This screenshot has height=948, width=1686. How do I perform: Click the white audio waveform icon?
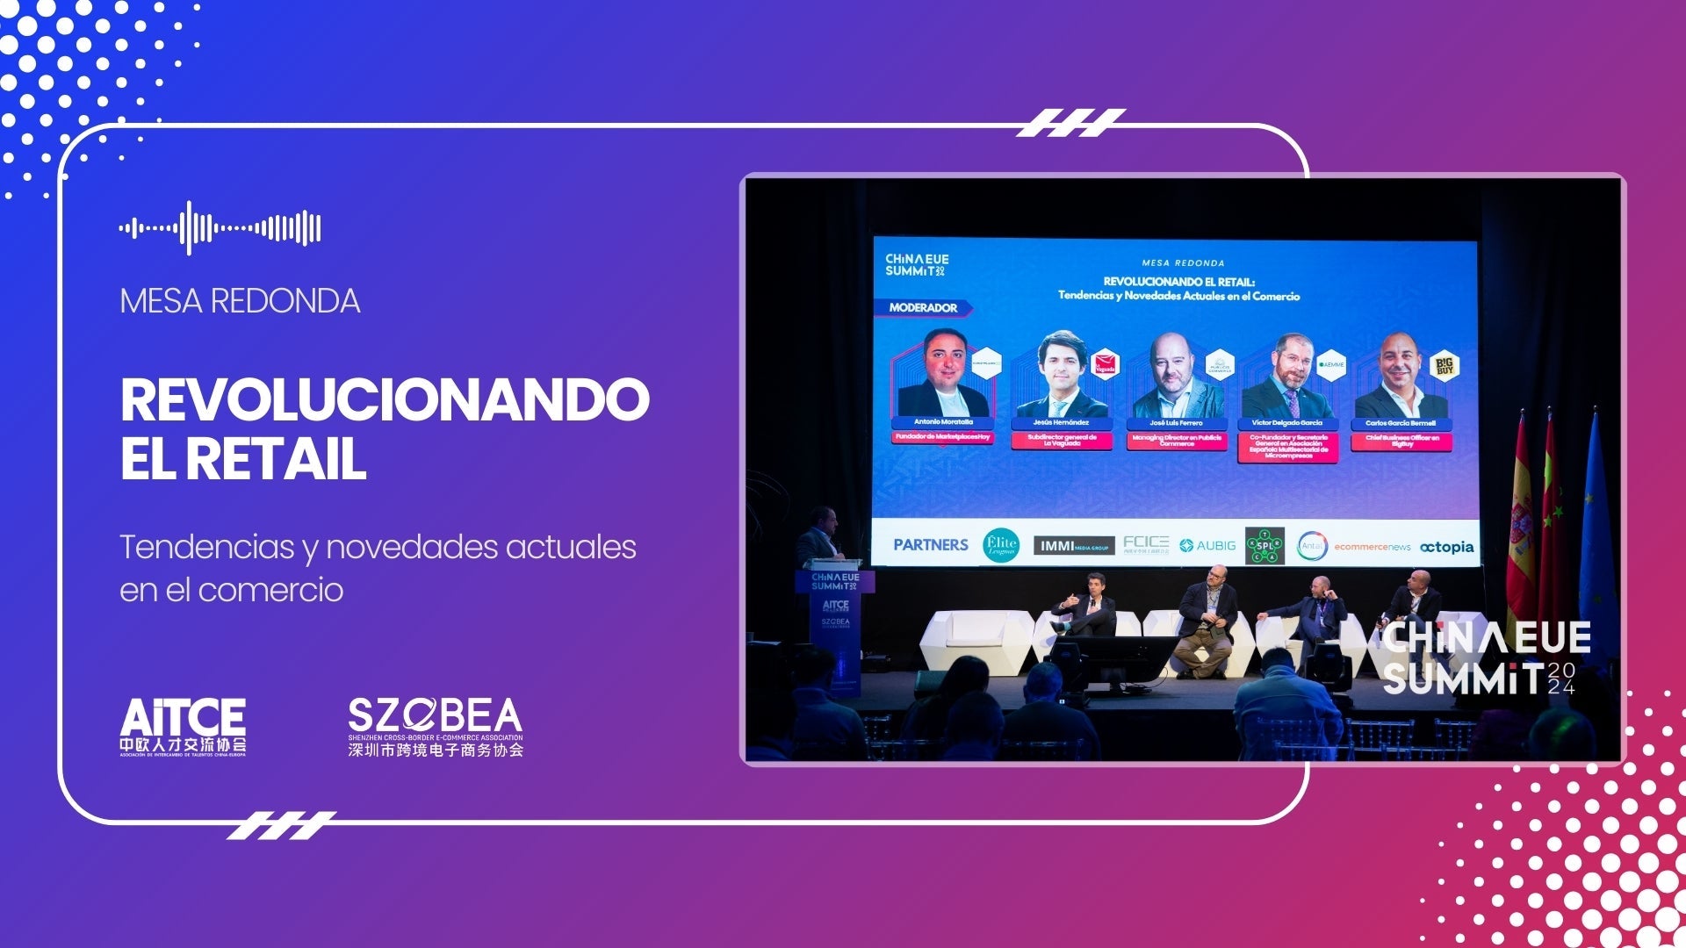click(220, 228)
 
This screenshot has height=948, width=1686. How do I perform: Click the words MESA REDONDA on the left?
click(240, 301)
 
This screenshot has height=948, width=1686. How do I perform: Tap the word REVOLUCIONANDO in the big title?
click(385, 400)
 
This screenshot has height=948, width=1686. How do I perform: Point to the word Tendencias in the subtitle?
click(207, 547)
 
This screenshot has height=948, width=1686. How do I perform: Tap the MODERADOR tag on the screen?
click(922, 308)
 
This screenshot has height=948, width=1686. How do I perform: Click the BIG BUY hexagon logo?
click(1444, 366)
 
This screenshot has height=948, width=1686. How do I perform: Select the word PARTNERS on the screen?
click(930, 545)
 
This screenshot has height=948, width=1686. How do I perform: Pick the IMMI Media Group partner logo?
click(1073, 546)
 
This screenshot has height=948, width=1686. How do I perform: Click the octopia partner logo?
click(1446, 547)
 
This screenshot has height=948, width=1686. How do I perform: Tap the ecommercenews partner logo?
click(1372, 547)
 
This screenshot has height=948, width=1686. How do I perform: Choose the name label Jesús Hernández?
click(1061, 423)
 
